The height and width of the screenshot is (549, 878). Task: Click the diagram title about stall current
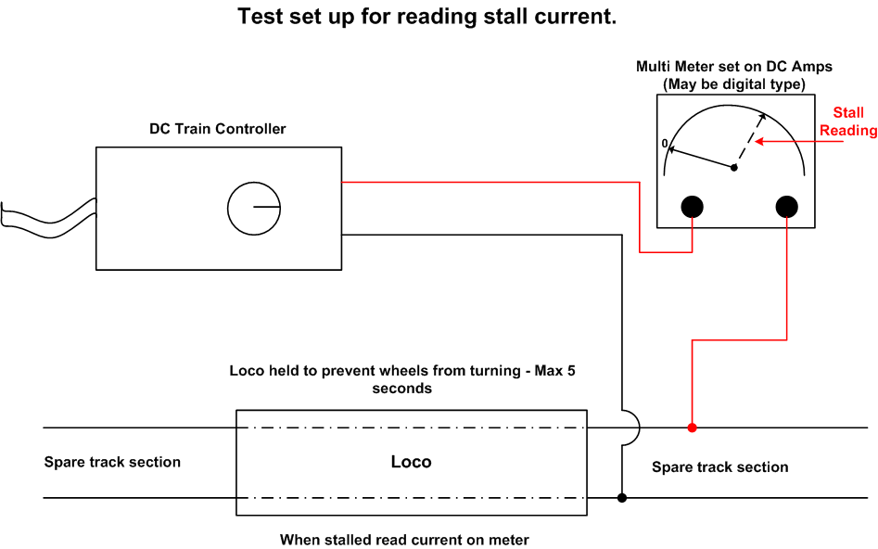[426, 17]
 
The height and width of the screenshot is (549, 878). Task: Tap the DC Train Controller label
[217, 129]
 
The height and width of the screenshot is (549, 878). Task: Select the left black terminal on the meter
[692, 207]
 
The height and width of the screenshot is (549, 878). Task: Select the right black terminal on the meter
[787, 207]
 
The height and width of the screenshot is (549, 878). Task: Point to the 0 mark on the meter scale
[665, 144]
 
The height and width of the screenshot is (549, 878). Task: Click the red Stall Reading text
[848, 121]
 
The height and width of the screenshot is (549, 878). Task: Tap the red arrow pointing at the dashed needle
[799, 141]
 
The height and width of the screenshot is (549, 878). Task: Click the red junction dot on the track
[692, 428]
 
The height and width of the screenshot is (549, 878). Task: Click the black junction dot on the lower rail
[621, 497]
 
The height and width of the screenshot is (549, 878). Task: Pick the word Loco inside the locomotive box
[411, 462]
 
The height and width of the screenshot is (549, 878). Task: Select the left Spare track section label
[112, 462]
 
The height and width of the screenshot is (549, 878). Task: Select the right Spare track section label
[720, 467]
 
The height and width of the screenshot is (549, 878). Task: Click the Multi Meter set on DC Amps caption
[734, 67]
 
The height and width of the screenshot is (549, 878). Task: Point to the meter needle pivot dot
[734, 168]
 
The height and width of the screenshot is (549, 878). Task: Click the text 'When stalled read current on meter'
[404, 540]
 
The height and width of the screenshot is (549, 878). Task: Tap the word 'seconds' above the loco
[402, 389]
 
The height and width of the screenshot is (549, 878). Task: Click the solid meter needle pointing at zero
[702, 158]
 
